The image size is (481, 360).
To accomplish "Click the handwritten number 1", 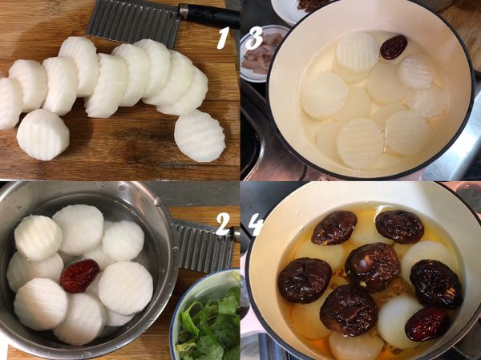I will tap(223, 37).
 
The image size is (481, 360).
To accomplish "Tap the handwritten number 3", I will tap(253, 38).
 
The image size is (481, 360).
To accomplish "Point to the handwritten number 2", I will tap(222, 224).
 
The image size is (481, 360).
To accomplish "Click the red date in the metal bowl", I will tap(80, 275).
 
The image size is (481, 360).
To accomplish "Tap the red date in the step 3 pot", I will tap(393, 47).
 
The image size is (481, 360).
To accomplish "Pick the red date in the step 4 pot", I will tap(427, 322).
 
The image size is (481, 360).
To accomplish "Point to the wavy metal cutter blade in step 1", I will tap(132, 19).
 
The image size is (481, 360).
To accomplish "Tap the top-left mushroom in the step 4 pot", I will tap(334, 228).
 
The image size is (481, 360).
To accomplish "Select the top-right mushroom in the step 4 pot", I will tap(399, 226).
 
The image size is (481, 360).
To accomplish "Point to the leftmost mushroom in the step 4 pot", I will tap(305, 280).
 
